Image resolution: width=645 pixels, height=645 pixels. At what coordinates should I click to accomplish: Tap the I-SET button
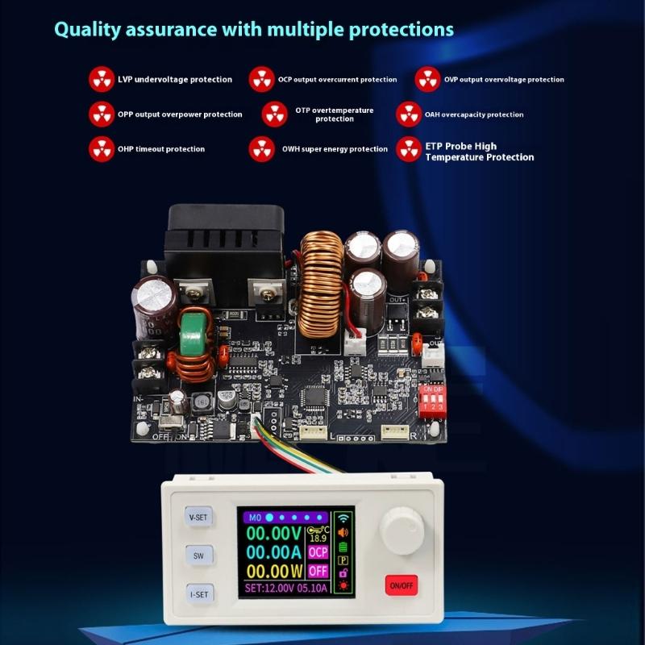pyautogui.click(x=198, y=595)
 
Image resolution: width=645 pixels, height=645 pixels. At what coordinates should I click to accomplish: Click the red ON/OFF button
pyautogui.click(x=401, y=585)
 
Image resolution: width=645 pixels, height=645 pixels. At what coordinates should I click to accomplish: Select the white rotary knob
pyautogui.click(x=400, y=531)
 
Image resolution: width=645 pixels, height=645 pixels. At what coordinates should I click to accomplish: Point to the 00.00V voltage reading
pyautogui.click(x=274, y=534)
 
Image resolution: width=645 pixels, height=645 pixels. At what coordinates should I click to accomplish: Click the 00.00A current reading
pyautogui.click(x=274, y=552)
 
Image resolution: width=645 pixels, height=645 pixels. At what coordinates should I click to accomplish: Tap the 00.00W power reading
pyautogui.click(x=274, y=572)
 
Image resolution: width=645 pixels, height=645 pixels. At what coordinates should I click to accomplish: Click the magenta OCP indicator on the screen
pyautogui.click(x=318, y=552)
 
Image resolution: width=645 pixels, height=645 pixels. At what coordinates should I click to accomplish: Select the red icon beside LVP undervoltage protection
pyautogui.click(x=102, y=79)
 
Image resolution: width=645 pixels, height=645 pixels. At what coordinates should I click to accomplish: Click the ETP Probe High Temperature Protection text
pyautogui.click(x=479, y=152)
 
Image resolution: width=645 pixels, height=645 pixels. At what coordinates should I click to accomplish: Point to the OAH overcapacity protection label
pyautogui.click(x=474, y=114)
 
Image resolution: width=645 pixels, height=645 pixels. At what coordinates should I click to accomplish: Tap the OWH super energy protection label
pyautogui.click(x=335, y=149)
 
